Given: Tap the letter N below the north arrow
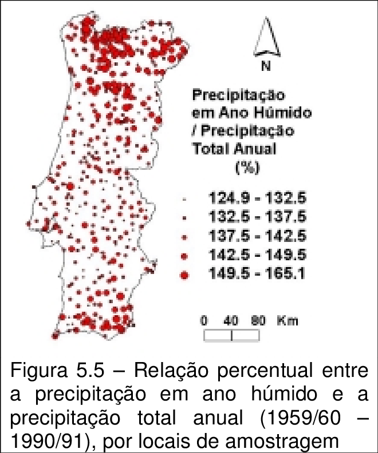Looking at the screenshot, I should tap(266, 66).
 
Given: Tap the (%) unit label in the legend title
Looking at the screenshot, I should tap(247, 168).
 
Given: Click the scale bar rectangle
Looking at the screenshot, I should tap(231, 336).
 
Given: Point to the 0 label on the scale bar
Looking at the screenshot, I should tap(204, 321).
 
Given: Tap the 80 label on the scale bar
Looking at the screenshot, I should tap(258, 321).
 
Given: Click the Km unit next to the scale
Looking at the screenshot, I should tap(288, 321).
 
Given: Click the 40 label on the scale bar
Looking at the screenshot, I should tap(231, 321).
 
